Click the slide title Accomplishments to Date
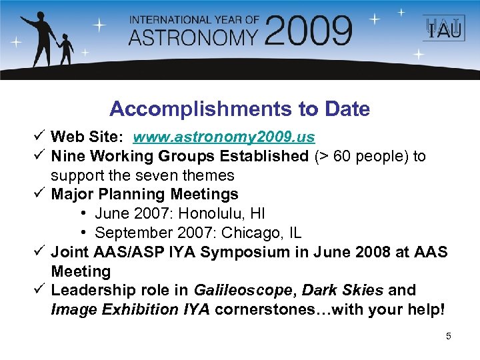tap(239, 109)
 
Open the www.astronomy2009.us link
tap(224, 137)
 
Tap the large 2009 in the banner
tap(307, 31)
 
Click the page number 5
tap(448, 336)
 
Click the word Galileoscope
tap(245, 291)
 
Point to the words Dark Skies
tap(343, 291)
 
